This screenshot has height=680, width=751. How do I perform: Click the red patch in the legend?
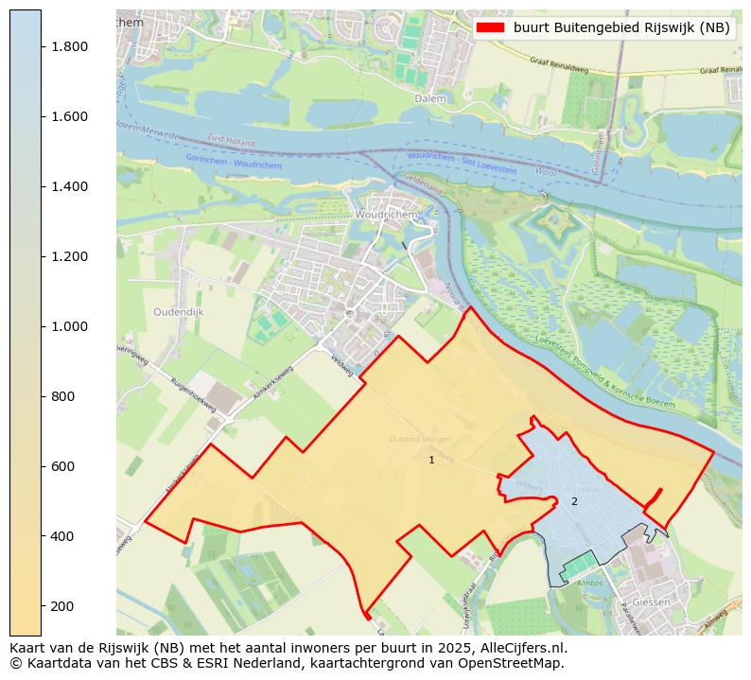490,27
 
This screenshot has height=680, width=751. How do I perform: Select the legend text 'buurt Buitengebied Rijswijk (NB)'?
621,27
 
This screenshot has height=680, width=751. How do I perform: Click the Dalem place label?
429,97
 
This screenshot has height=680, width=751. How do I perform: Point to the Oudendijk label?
177,311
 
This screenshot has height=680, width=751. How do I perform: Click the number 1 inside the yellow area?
431,460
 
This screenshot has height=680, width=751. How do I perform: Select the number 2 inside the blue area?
573,501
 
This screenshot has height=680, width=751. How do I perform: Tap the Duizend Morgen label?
420,440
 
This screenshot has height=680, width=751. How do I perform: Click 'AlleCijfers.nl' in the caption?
525,648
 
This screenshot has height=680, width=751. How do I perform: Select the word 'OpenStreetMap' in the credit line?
516,663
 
